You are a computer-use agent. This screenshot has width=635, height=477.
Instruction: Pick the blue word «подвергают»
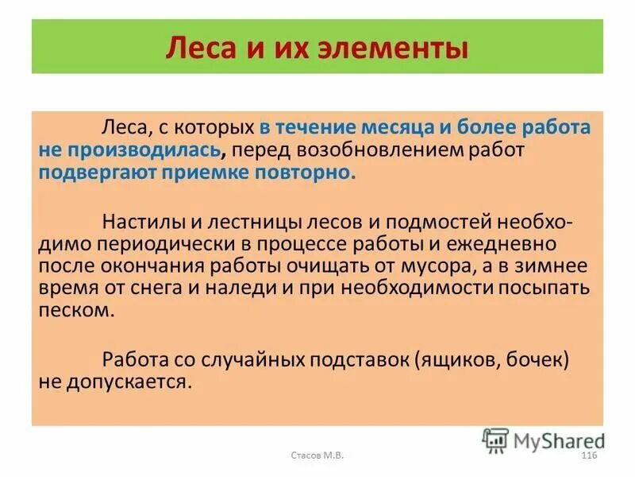coord(89,173)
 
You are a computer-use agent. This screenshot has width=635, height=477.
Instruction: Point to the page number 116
coord(588,454)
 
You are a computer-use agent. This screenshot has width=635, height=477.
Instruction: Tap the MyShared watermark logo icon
coord(495,439)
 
